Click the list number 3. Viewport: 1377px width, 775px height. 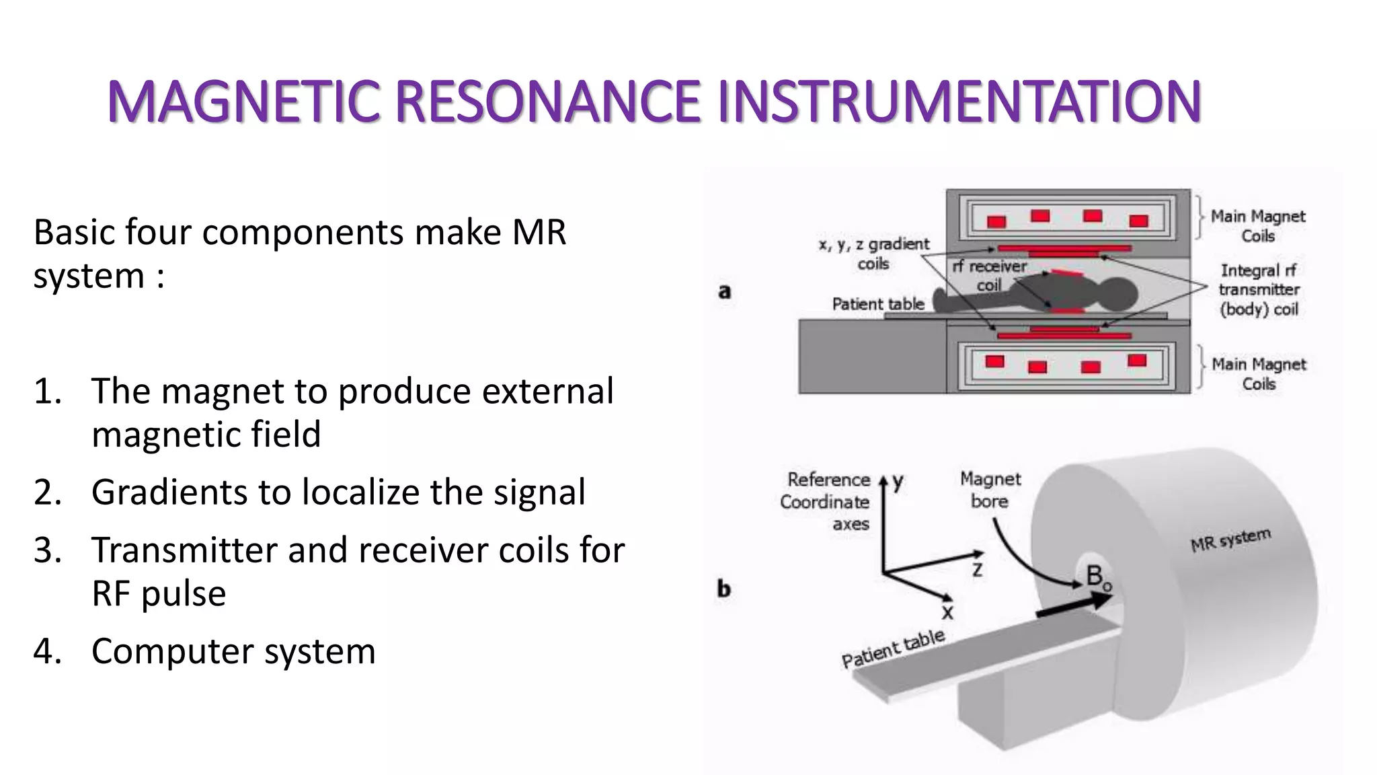click(47, 550)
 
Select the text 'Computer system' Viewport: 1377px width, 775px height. click(233, 651)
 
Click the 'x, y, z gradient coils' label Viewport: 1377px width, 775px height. click(873, 254)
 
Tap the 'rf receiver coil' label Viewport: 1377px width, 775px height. click(989, 276)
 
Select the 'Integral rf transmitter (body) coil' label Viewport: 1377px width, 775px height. click(1259, 290)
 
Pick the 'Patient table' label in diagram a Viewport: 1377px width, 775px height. click(878, 304)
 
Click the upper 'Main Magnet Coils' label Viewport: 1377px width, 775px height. click(1257, 226)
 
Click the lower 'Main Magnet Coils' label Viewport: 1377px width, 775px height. click(1258, 374)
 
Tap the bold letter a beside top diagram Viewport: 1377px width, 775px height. click(724, 291)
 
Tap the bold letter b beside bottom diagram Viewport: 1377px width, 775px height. click(723, 589)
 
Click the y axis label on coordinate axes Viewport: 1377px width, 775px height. click(898, 482)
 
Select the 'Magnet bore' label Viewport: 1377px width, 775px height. click(990, 490)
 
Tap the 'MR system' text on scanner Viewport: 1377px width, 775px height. click(1230, 540)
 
